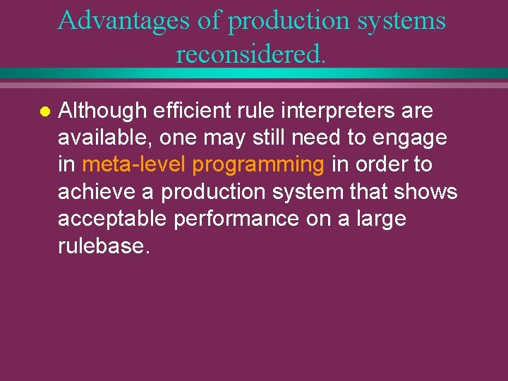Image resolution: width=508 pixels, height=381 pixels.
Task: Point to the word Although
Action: pos(102,111)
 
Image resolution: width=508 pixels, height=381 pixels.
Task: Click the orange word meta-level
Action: pos(134,164)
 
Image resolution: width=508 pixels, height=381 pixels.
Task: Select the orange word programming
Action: pos(258,164)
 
